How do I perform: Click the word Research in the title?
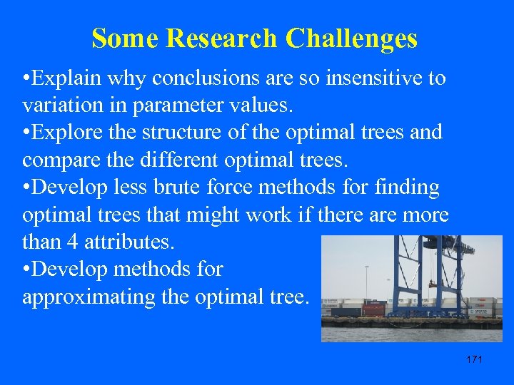[x=222, y=38]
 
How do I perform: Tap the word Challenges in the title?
[x=351, y=38]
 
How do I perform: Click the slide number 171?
[x=474, y=359]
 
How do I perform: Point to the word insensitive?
[x=365, y=78]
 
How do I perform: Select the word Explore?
[x=69, y=132]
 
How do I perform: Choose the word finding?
[x=405, y=187]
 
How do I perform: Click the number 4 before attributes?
[x=72, y=242]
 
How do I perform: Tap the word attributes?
[x=128, y=242]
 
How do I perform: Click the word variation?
[x=59, y=105]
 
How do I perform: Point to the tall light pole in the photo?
[x=366, y=285]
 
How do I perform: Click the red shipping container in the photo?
[x=374, y=309]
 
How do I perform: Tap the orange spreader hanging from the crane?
[x=433, y=285]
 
